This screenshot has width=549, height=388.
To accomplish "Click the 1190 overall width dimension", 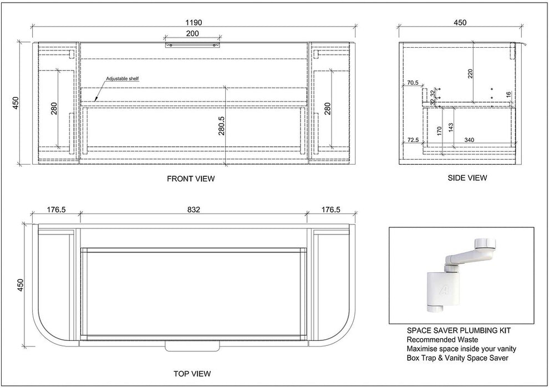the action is (x=194, y=23).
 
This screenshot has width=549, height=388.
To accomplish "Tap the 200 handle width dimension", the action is (x=192, y=34).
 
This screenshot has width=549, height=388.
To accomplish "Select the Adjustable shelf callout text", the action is (x=123, y=79).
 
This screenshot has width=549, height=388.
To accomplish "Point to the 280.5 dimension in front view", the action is (x=221, y=126).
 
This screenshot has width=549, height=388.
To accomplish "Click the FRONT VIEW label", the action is (x=191, y=179).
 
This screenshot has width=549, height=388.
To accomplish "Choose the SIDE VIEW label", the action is (x=467, y=178).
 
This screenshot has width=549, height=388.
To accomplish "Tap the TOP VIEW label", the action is (x=192, y=374).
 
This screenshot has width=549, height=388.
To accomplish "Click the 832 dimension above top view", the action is (x=194, y=210).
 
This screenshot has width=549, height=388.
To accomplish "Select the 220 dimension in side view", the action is (x=470, y=74).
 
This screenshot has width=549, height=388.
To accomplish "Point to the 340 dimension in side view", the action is (x=469, y=140).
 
